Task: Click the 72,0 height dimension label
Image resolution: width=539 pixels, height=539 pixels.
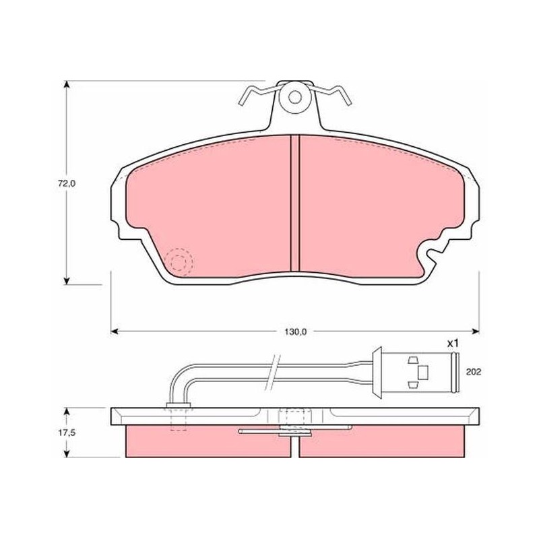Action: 67,183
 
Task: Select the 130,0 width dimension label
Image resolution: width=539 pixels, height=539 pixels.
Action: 295,332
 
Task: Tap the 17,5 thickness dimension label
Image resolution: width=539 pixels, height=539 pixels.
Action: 67,433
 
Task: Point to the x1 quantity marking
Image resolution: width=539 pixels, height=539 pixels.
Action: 453,343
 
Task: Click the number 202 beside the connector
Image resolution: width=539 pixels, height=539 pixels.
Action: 474,372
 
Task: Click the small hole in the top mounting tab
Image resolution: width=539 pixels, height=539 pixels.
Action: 295,97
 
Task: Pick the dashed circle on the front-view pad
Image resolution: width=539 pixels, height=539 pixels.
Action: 179,262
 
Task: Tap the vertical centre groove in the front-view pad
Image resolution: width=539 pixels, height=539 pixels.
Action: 295,203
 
